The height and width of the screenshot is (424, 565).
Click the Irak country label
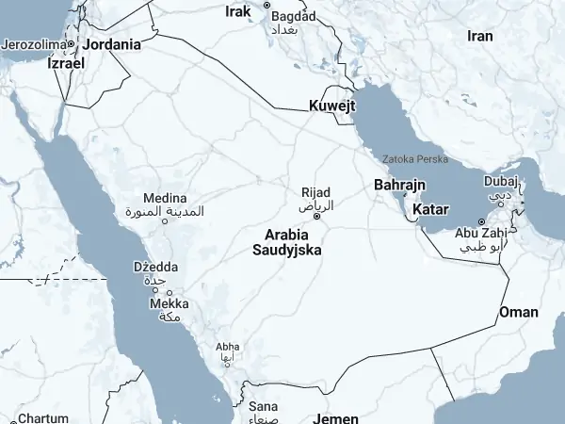pyautogui.click(x=239, y=11)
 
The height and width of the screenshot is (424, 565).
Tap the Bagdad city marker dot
pyautogui.click(x=266, y=5)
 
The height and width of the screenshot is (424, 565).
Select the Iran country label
pyautogui.click(x=480, y=36)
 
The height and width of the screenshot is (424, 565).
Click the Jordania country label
pyautogui.click(x=112, y=43)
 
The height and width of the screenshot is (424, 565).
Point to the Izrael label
pyautogui.click(x=66, y=63)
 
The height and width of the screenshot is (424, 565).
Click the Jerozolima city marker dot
pyautogui.click(x=71, y=43)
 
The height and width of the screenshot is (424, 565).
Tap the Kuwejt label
pyautogui.click(x=332, y=106)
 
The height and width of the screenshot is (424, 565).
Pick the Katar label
pyautogui.click(x=429, y=208)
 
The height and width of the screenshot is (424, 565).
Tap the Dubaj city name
pyautogui.click(x=500, y=181)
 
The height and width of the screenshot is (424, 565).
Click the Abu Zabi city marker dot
pyautogui.click(x=481, y=221)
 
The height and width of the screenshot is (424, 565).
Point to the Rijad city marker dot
pyautogui.click(x=316, y=216)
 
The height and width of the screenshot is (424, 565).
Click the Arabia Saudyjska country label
pyautogui.click(x=287, y=242)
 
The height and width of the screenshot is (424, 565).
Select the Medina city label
pyautogui.click(x=165, y=198)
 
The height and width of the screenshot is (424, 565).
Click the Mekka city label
pyautogui.click(x=169, y=303)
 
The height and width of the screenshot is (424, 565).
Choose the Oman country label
pyautogui.click(x=519, y=312)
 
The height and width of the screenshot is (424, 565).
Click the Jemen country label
pyautogui.click(x=335, y=417)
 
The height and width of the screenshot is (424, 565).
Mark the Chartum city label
pyautogui.click(x=43, y=418)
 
